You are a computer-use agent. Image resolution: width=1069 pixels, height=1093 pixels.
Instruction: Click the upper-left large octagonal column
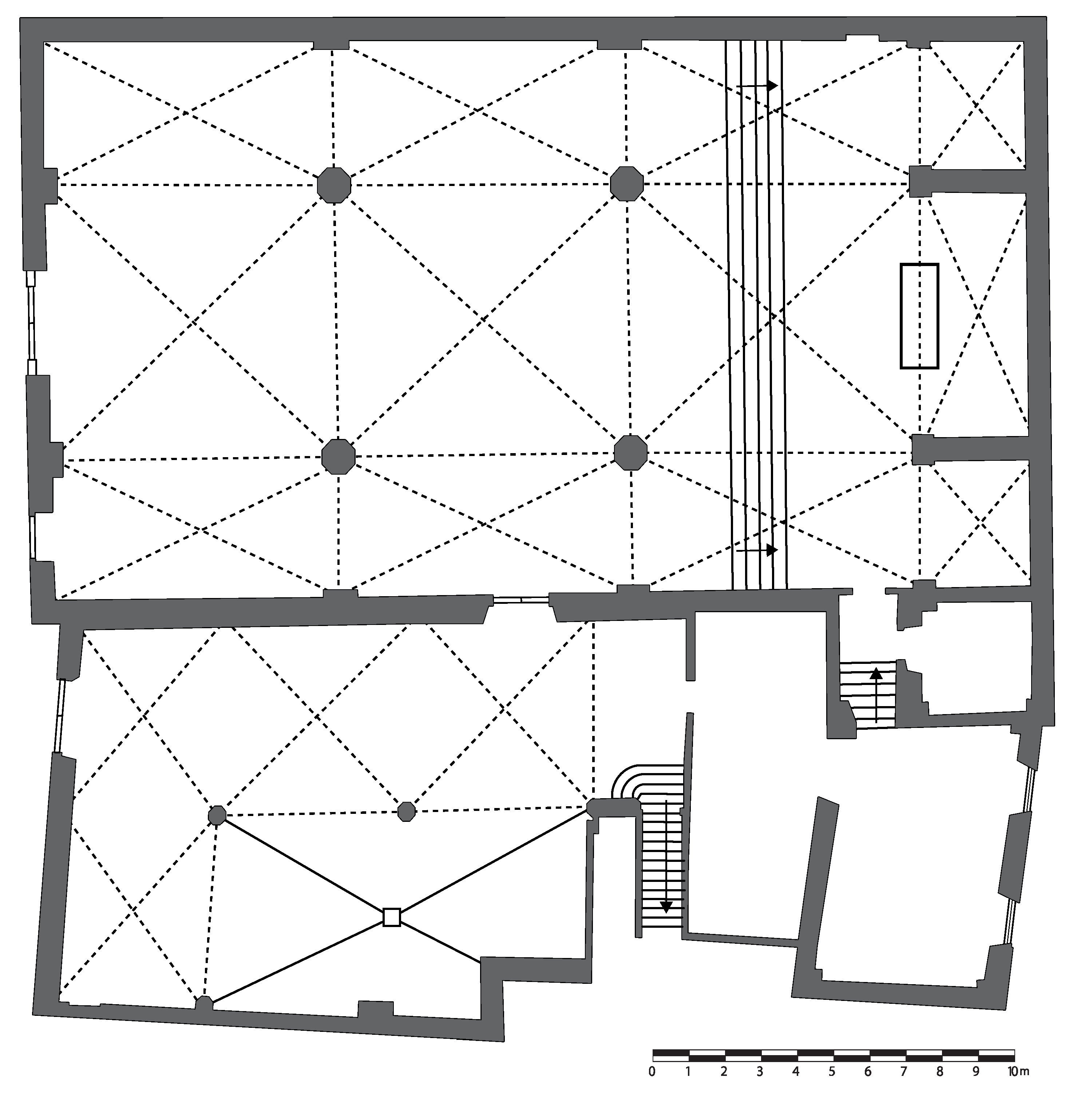334,185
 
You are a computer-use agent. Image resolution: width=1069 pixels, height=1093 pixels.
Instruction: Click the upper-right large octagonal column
627,183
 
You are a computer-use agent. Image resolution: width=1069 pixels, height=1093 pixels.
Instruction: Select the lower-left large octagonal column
338,456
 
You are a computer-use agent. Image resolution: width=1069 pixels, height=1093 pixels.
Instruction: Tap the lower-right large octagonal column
630,452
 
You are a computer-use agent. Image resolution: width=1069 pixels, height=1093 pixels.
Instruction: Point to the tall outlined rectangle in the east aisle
919,316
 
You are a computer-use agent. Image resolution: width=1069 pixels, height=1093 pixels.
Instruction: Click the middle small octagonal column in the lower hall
407,811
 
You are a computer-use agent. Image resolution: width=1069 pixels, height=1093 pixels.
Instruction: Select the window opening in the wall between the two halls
520,599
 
